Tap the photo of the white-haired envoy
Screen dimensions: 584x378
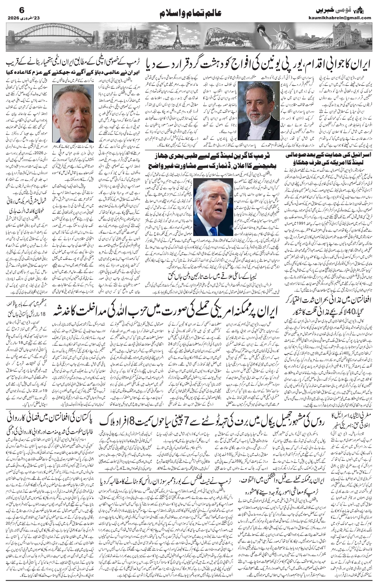point(73,114)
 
